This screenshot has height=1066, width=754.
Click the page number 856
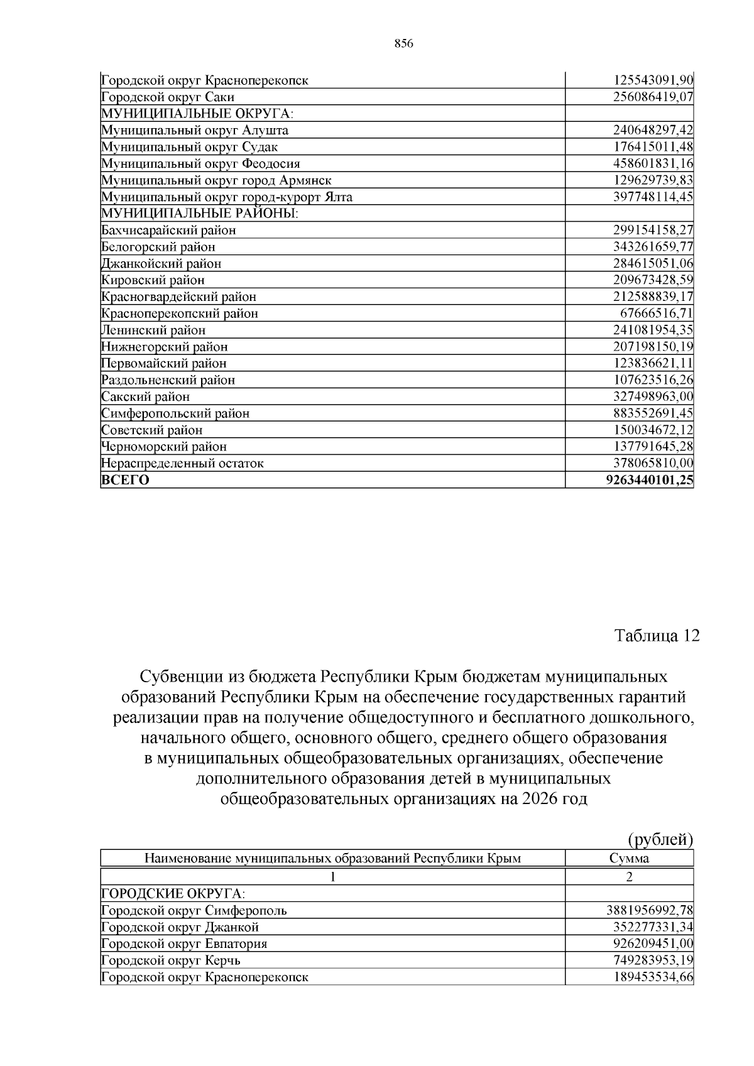pyautogui.click(x=403, y=43)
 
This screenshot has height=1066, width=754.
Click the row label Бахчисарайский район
pyautogui.click(x=168, y=231)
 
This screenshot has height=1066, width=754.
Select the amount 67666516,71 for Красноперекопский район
pyautogui.click(x=657, y=313)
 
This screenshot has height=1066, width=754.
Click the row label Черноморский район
pyautogui.click(x=164, y=447)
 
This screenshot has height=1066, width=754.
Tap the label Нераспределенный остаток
pyautogui.click(x=182, y=464)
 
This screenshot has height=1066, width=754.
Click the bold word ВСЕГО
pyautogui.click(x=126, y=481)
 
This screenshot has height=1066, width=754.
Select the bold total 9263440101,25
pyautogui.click(x=649, y=481)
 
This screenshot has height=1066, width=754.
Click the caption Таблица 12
pyautogui.click(x=656, y=636)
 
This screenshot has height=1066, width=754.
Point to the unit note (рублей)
pyautogui.click(x=660, y=839)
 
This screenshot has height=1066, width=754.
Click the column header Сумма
pyautogui.click(x=629, y=859)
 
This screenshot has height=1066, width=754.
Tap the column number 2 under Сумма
pyautogui.click(x=629, y=877)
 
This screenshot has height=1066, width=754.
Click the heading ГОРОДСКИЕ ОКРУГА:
pyautogui.click(x=173, y=894)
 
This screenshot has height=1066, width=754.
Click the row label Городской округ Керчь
pyautogui.click(x=170, y=960)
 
